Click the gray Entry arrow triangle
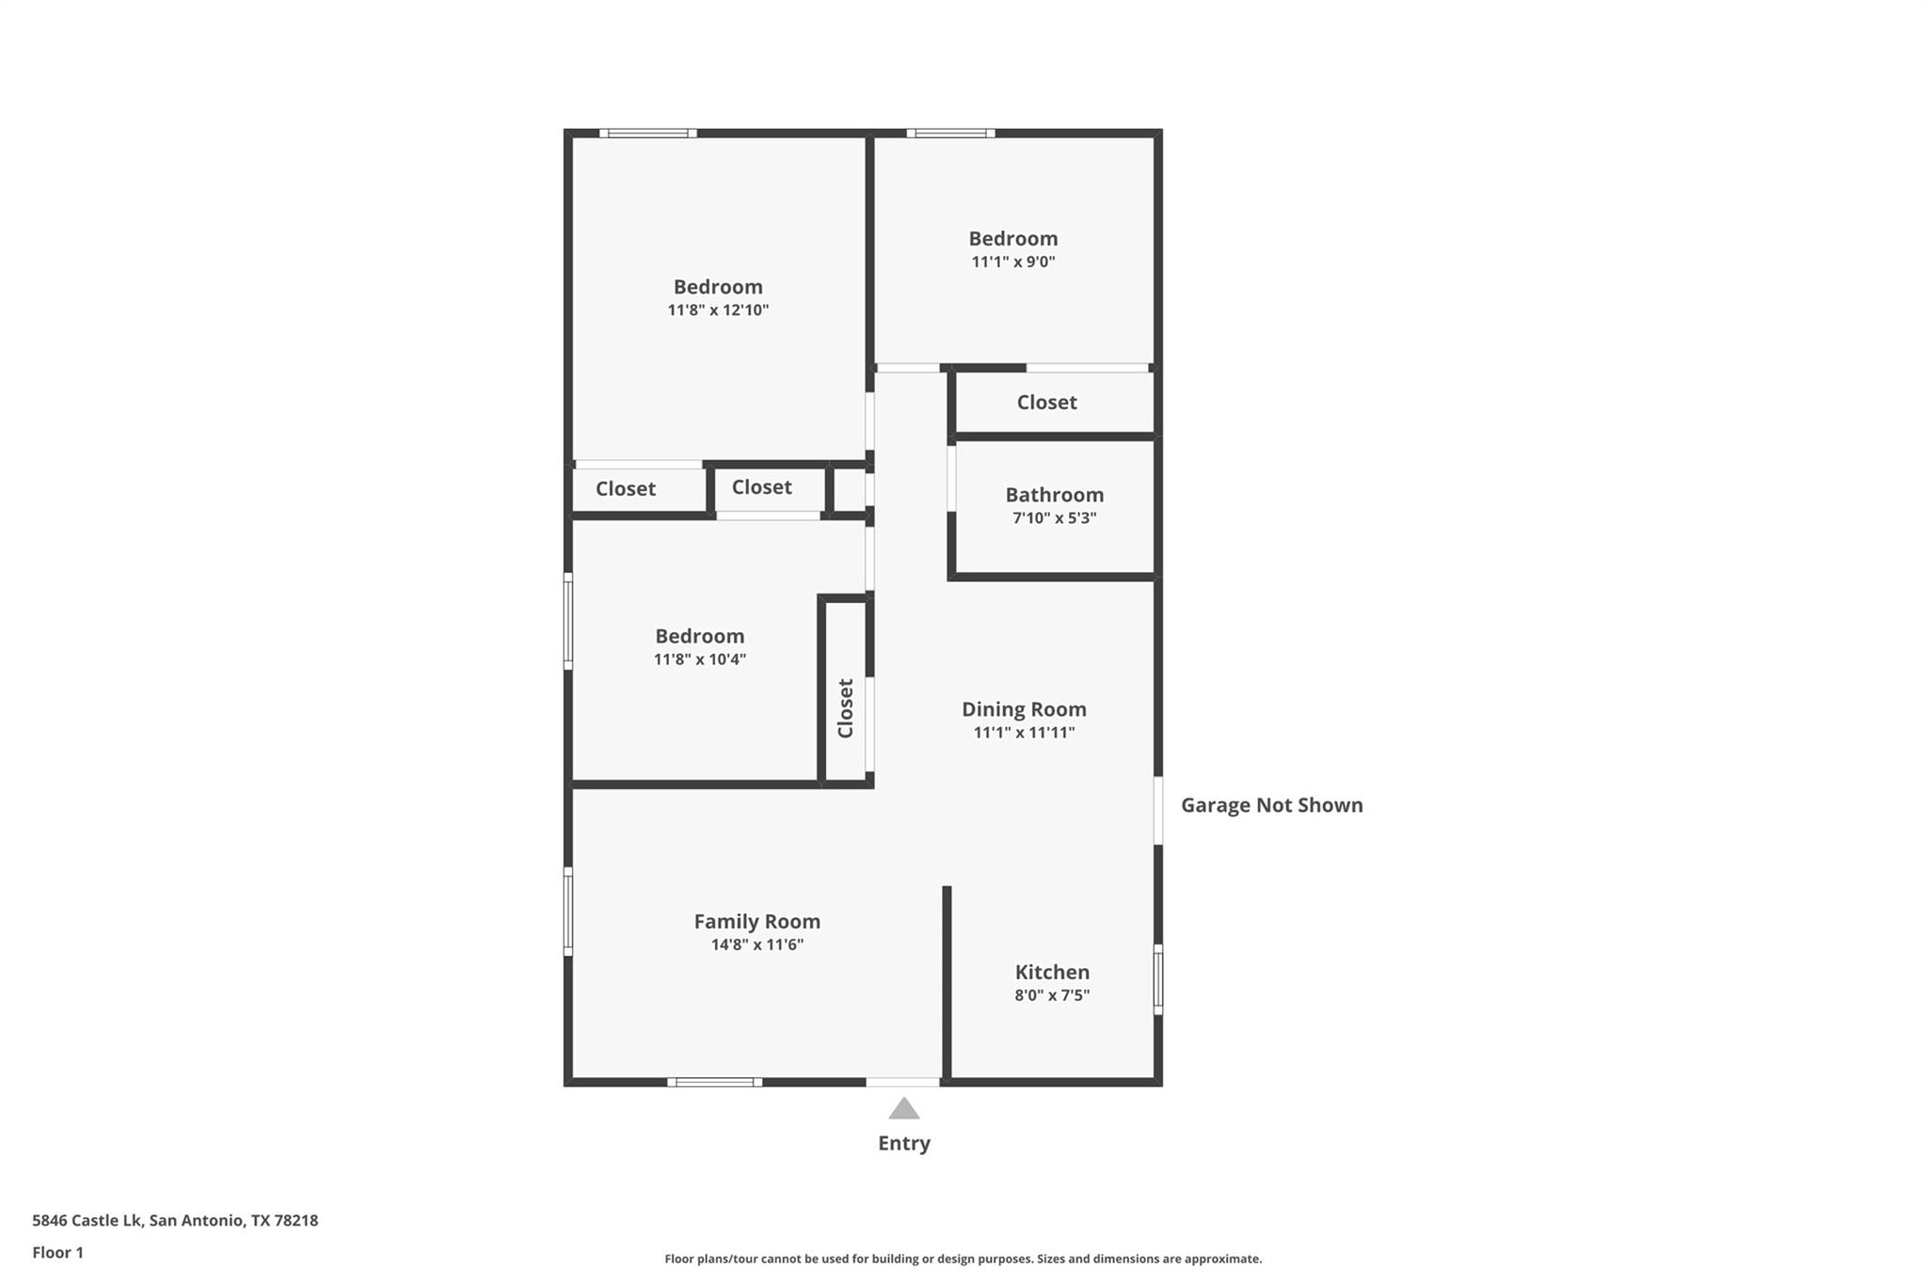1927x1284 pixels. [904, 1108]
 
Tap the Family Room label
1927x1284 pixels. [757, 922]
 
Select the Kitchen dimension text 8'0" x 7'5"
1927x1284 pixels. [1052, 995]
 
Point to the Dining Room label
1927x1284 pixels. [1024, 709]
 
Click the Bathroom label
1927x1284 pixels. [1055, 495]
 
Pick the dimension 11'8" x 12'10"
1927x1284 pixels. [718, 310]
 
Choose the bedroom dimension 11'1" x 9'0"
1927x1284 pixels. [1013, 262]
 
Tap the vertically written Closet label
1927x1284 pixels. [845, 708]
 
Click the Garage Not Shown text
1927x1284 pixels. [1272, 805]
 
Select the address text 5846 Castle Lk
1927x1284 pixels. [87, 1220]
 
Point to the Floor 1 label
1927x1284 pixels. [57, 1252]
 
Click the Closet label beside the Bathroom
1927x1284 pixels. [1046, 403]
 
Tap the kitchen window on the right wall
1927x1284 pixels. [1158, 979]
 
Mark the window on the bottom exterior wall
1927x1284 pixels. [715, 1082]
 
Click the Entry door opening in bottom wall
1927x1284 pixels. [903, 1082]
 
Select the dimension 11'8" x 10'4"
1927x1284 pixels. [700, 659]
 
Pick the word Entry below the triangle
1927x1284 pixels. [904, 1143]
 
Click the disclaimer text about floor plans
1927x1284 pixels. [963, 1259]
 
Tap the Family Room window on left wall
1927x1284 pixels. [568, 911]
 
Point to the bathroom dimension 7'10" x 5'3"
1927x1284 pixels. [1055, 518]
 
